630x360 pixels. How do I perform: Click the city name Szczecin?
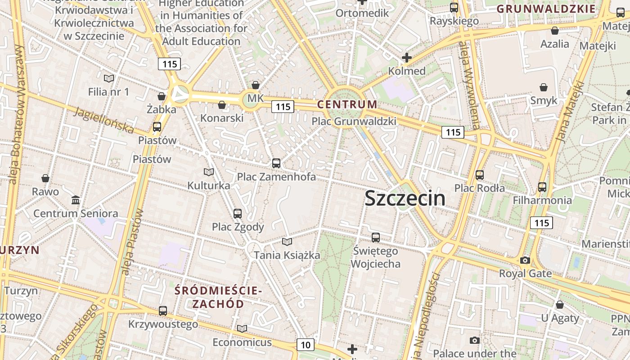[405, 198]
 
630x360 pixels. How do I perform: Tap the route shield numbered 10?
[306, 345]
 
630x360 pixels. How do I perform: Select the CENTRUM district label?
[347, 104]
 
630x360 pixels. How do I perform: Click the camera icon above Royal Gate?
[525, 260]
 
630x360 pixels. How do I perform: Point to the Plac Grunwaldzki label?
[354, 121]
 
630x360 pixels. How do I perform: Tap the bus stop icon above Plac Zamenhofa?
[276, 163]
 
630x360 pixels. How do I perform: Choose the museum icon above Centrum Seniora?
[76, 200]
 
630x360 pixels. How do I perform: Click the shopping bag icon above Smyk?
[544, 87]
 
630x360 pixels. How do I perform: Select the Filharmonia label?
[542, 200]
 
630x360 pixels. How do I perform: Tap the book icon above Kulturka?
[208, 172]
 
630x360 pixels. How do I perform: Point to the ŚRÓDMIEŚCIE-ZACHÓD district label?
[218, 297]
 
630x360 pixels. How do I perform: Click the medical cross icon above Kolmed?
[407, 58]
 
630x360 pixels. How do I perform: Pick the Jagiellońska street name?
[104, 120]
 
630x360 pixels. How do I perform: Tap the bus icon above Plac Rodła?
[480, 175]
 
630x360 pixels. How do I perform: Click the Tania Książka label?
[287, 255]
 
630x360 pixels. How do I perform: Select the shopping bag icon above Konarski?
[221, 105]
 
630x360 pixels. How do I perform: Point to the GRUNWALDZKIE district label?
[546, 9]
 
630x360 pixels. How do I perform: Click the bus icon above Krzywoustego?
[163, 310]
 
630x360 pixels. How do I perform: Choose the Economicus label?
[242, 342]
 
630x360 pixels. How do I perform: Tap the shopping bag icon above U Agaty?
[559, 305]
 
